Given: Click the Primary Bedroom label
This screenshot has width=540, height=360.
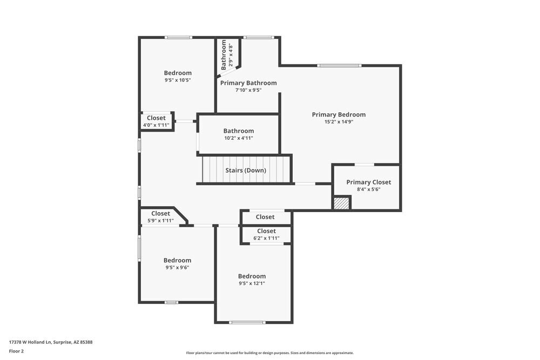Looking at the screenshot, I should click(339, 114).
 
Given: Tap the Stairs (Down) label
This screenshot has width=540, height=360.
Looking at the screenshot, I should click(246, 171).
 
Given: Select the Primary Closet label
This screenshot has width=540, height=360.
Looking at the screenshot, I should click(368, 182).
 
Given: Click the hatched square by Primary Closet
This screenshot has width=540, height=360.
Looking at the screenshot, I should click(341, 203).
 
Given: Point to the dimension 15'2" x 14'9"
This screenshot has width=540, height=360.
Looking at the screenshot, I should click(339, 122).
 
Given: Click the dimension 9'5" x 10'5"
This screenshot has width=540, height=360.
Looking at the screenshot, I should click(178, 80).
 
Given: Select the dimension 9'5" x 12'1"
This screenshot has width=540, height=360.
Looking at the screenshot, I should click(252, 283).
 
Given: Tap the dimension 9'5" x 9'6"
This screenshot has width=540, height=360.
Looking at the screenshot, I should click(177, 267).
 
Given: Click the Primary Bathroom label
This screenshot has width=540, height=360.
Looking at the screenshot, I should click(248, 83).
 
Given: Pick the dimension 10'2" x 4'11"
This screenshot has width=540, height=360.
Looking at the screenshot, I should click(239, 138).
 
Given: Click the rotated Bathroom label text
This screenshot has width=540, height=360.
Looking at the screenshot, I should click(224, 55).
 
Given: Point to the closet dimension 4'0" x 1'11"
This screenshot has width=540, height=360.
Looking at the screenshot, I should click(156, 125).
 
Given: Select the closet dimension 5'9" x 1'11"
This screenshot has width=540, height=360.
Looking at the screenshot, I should click(160, 220).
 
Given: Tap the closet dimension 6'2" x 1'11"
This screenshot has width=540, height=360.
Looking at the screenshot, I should click(266, 238).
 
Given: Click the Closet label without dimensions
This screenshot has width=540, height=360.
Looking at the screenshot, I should click(265, 217).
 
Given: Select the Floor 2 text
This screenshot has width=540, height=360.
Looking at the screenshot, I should click(16, 351).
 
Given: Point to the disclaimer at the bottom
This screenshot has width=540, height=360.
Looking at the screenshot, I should click(270, 353).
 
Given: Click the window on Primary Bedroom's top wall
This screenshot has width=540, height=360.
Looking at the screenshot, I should click(339, 66).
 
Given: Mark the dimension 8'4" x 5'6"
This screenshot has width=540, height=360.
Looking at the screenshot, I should click(368, 189).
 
